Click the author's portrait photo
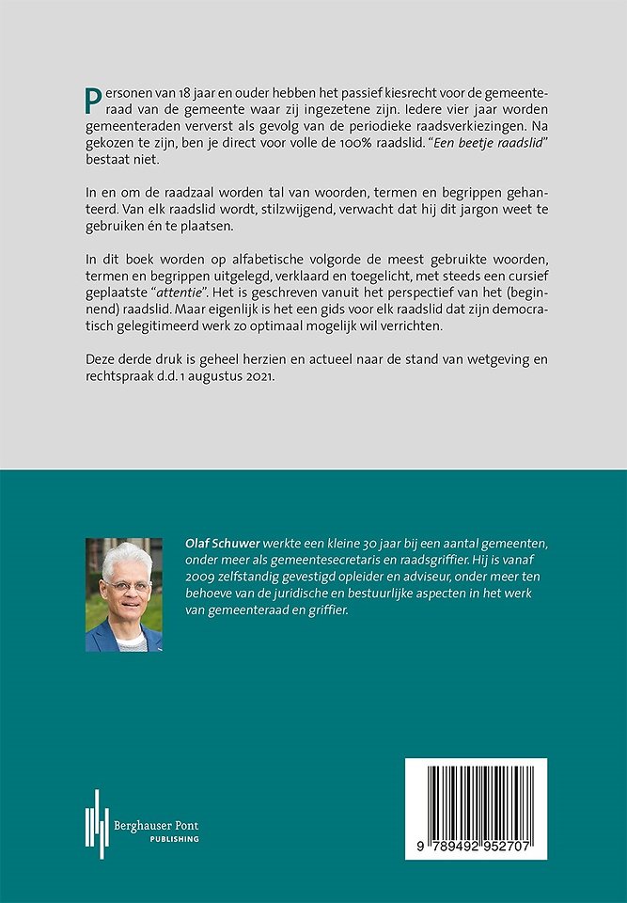(124, 594)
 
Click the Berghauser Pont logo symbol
(97, 824)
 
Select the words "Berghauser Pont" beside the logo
(159, 825)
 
